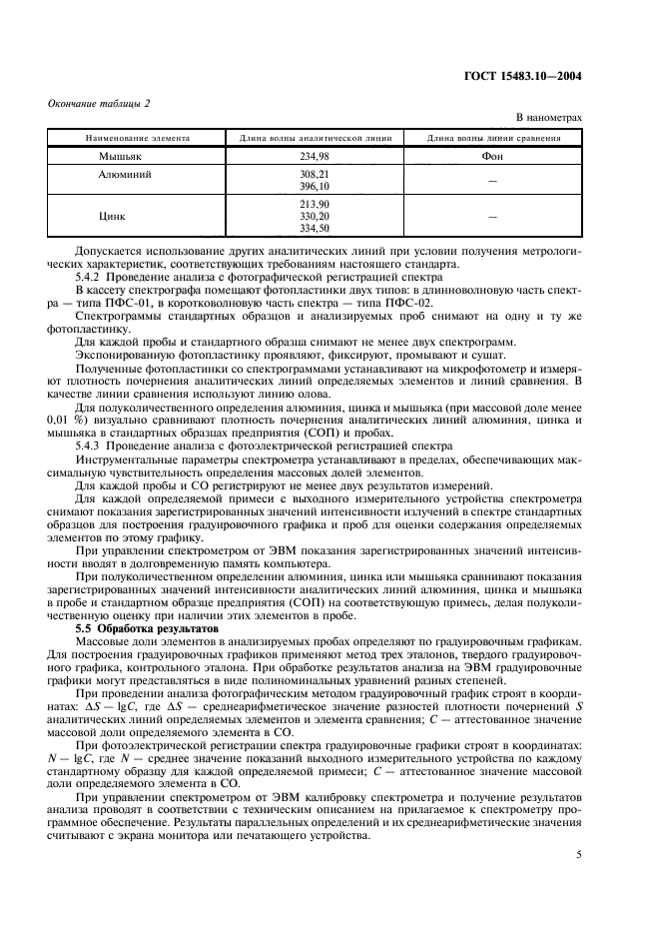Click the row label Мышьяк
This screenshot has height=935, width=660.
(120, 156)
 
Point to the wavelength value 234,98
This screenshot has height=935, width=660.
(315, 156)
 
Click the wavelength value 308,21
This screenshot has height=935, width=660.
(315, 173)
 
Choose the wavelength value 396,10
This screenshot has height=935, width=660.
(315, 186)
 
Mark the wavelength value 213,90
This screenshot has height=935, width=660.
(315, 203)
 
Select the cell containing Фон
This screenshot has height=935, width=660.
(493, 156)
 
